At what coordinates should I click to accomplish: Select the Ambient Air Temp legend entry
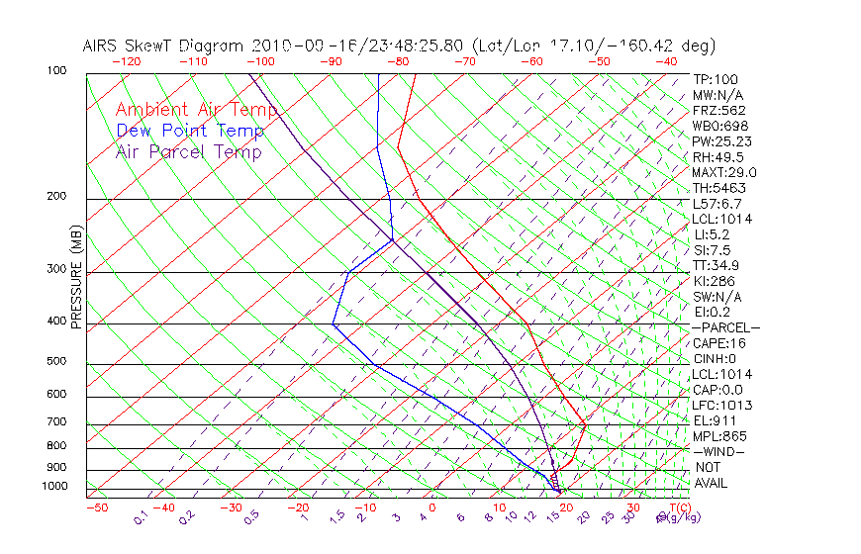196,109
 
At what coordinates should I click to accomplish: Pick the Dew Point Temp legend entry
190,131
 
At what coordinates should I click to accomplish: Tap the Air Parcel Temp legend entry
189,151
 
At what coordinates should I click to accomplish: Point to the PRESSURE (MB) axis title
76,278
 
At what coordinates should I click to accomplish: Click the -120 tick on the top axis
126,61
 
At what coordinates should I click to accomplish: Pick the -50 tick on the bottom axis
96,508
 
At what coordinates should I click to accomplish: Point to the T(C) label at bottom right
677,508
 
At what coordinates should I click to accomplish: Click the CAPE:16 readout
719,343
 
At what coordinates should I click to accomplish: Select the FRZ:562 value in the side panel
719,110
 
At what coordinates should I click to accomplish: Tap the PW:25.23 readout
722,141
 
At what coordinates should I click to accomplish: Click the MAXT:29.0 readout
725,172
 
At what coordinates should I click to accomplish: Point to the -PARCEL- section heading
726,327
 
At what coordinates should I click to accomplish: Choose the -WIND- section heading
719,451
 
